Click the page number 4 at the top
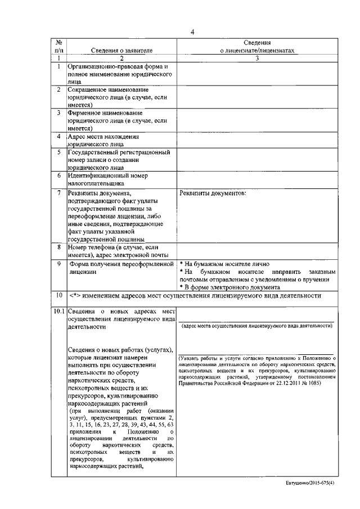pyautogui.click(x=192, y=31)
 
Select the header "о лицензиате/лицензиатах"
pyautogui.click(x=257, y=51)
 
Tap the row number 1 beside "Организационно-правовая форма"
pyautogui.click(x=58, y=67)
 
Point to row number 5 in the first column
pyautogui.click(x=58, y=152)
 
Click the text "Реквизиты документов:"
pyautogui.click(x=213, y=193)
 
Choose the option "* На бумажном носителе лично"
pyautogui.click(x=224, y=264)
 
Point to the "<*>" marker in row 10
pyautogui.click(x=75, y=296)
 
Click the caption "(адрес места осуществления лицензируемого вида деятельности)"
pyautogui.click(x=256, y=326)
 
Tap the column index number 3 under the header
pyautogui.click(x=257, y=58)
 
